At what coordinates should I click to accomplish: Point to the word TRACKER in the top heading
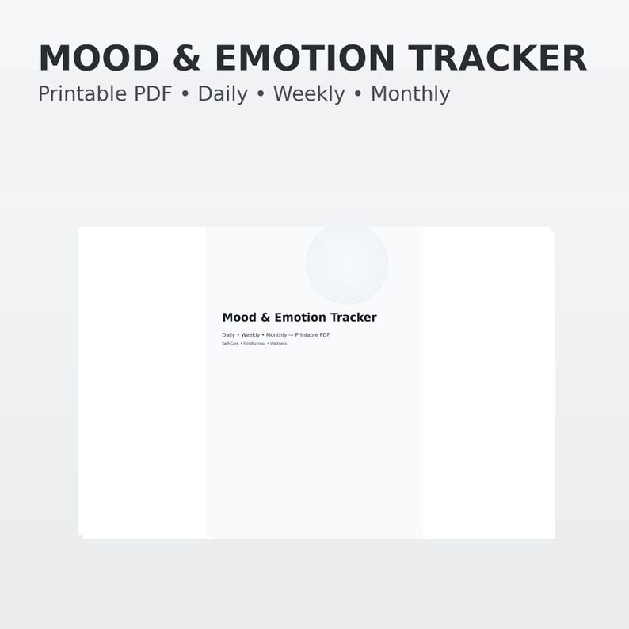click(x=497, y=59)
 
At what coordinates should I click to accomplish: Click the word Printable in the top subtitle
click(x=76, y=94)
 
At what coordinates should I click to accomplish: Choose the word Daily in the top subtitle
click(x=223, y=94)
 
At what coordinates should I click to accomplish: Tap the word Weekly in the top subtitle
click(x=309, y=94)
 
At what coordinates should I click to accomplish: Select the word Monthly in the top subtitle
click(x=410, y=94)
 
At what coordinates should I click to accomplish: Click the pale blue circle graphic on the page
click(x=347, y=264)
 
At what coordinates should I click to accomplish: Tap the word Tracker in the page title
click(x=353, y=318)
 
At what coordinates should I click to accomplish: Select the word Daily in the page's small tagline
click(x=228, y=335)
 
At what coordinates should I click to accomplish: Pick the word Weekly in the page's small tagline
click(x=250, y=335)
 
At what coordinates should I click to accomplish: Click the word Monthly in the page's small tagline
click(x=276, y=335)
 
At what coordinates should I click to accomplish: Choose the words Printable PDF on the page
click(x=312, y=335)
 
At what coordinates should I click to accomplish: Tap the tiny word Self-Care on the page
click(x=230, y=344)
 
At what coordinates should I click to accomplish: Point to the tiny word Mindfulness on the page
click(x=254, y=344)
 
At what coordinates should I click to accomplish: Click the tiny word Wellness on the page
click(x=279, y=344)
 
